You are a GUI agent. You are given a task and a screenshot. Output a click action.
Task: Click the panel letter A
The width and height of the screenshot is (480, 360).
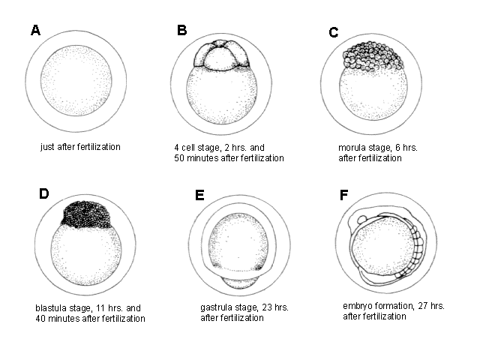tap(35, 30)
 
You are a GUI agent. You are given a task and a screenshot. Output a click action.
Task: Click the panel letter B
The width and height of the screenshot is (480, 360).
tap(181, 30)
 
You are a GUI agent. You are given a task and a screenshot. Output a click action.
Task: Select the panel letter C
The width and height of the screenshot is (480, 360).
tap(333, 32)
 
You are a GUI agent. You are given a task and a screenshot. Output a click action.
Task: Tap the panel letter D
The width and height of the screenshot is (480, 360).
tap(44, 193)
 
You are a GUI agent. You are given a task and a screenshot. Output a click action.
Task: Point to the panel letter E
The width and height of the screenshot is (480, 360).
tap(199, 195)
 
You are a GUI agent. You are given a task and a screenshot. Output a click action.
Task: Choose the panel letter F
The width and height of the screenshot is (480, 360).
tap(343, 195)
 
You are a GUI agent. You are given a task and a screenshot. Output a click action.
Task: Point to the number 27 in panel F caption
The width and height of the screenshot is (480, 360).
tap(423, 306)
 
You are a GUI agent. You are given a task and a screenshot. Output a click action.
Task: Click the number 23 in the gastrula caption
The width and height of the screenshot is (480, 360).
tap(267, 307)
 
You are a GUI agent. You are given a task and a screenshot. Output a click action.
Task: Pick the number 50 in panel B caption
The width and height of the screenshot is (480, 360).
tap(179, 158)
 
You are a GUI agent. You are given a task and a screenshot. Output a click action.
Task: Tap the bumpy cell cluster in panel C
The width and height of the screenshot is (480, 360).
tap(371, 56)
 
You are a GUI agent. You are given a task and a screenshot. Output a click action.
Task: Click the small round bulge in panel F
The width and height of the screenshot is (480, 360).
tap(362, 219)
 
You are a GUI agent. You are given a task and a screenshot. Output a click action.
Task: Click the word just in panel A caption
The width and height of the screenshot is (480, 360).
tap(47, 147)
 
